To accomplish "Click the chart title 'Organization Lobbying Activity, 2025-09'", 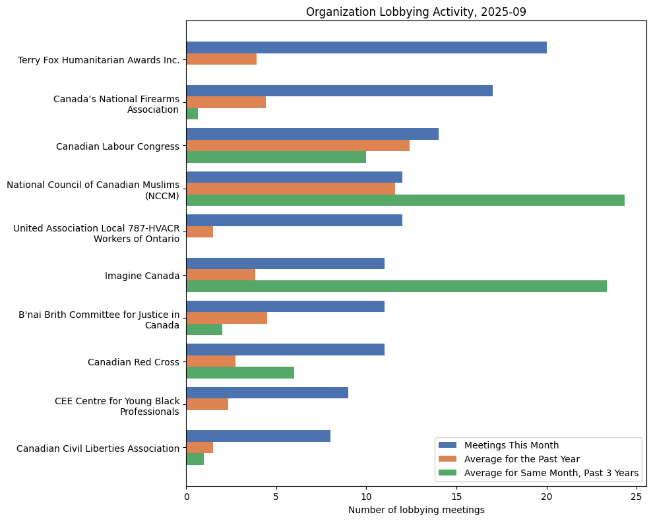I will point(416,12).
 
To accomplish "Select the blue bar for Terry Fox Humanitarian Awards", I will point(366,47).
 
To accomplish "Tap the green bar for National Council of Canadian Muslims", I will point(405,200).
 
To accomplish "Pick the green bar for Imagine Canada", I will point(396,286).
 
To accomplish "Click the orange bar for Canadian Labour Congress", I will point(297,145).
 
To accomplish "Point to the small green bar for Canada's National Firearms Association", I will point(192,113).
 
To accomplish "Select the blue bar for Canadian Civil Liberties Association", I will point(258,436).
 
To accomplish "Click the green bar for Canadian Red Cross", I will point(240,373).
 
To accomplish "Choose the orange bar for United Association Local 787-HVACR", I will point(199,232).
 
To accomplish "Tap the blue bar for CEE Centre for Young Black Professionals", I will point(267,392).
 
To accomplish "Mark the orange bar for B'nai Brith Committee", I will point(226,318).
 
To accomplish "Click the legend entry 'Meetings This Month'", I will point(511,444).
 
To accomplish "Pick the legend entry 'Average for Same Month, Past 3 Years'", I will point(551,473).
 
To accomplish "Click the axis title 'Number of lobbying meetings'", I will point(416,510).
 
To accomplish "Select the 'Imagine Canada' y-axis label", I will point(142,276).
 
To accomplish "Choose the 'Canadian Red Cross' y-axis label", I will point(133,362).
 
